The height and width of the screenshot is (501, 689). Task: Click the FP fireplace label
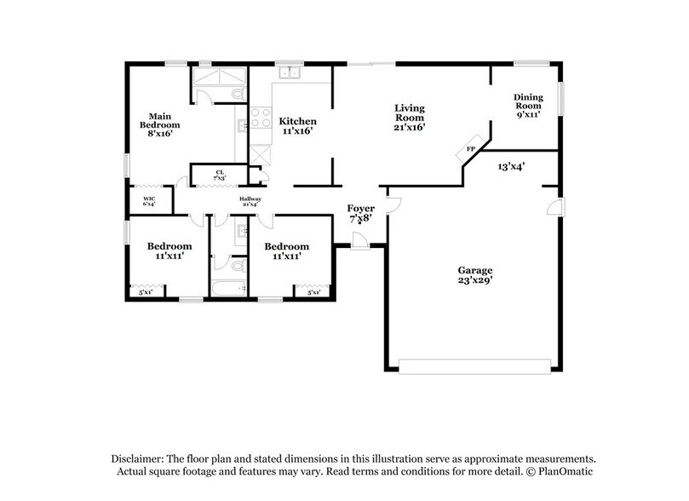tap(469, 150)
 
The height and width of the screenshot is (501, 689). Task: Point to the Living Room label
tap(409, 117)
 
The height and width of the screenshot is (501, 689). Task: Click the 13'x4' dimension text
tap(511, 167)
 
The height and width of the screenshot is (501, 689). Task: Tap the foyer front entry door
tap(361, 242)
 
